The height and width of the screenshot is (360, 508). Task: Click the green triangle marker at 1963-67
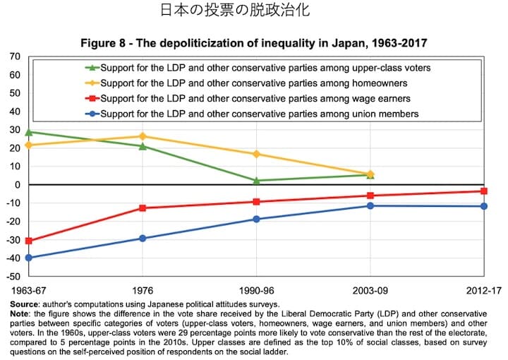click(x=29, y=132)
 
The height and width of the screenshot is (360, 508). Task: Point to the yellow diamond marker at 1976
click(x=143, y=136)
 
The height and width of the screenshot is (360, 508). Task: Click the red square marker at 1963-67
click(x=29, y=241)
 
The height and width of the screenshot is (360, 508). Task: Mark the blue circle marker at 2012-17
click(x=484, y=206)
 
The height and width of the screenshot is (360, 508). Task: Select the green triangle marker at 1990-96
click(x=257, y=181)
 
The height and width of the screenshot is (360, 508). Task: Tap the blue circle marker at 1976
click(x=143, y=238)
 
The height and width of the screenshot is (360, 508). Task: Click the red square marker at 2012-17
click(x=484, y=191)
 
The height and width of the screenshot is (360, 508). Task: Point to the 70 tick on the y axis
click(x=15, y=56)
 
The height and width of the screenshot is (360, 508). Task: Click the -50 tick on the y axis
click(x=13, y=276)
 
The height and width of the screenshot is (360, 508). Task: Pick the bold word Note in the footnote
click(x=21, y=313)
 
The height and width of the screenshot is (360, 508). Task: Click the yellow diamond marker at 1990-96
click(x=257, y=154)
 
